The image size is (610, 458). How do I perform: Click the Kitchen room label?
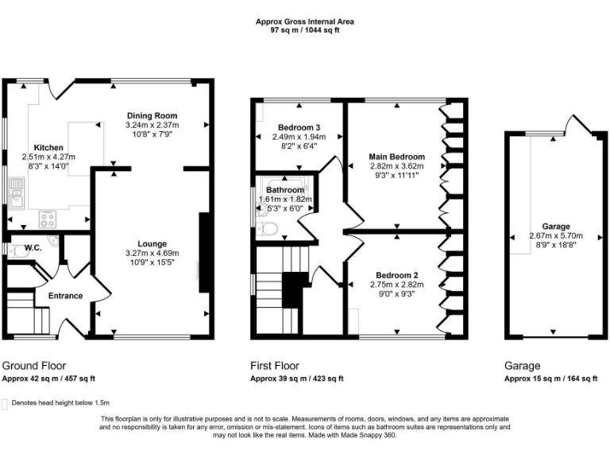[x=48, y=148]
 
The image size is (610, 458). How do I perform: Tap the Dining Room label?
[x=152, y=116]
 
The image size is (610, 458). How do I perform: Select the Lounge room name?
[x=152, y=244]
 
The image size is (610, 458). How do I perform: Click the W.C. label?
[x=33, y=248]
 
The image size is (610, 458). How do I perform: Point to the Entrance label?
[x=65, y=296]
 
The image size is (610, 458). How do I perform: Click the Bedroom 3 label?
[x=299, y=127]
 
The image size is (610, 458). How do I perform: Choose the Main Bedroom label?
[x=397, y=157]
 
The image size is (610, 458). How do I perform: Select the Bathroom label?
[x=285, y=191]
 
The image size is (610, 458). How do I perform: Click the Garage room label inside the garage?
[x=556, y=227]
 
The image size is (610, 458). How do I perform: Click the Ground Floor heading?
[x=34, y=367]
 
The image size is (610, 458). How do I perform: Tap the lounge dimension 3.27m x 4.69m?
[x=152, y=254]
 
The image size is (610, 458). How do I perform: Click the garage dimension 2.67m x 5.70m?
[x=556, y=236]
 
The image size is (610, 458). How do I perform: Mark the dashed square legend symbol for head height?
[x=5, y=403]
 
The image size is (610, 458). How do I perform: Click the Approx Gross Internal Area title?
[x=305, y=22]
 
